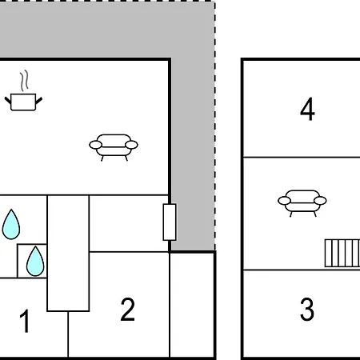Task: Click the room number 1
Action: [x=25, y=321]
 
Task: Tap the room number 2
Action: [x=127, y=310]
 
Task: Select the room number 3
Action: [x=307, y=310]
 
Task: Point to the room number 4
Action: [x=307, y=109]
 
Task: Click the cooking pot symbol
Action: [x=23, y=102]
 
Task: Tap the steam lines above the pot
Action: [x=24, y=81]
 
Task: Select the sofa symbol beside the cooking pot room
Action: [x=114, y=147]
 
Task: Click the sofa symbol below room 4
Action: [x=302, y=203]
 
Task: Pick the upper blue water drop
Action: [x=11, y=224]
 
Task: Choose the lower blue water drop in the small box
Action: [x=35, y=261]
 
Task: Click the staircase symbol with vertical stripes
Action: [x=342, y=253]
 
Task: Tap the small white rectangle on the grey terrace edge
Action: [x=170, y=222]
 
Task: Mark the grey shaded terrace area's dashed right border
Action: [x=215, y=126]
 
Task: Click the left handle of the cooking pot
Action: [x=8, y=101]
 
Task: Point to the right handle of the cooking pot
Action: [x=39, y=101]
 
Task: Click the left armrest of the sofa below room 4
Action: [x=284, y=201]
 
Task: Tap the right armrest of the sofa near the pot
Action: [x=131, y=145]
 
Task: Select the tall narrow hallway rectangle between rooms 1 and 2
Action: [x=68, y=254]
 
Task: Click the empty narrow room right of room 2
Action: [x=192, y=305]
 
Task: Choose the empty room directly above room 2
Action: [x=129, y=223]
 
